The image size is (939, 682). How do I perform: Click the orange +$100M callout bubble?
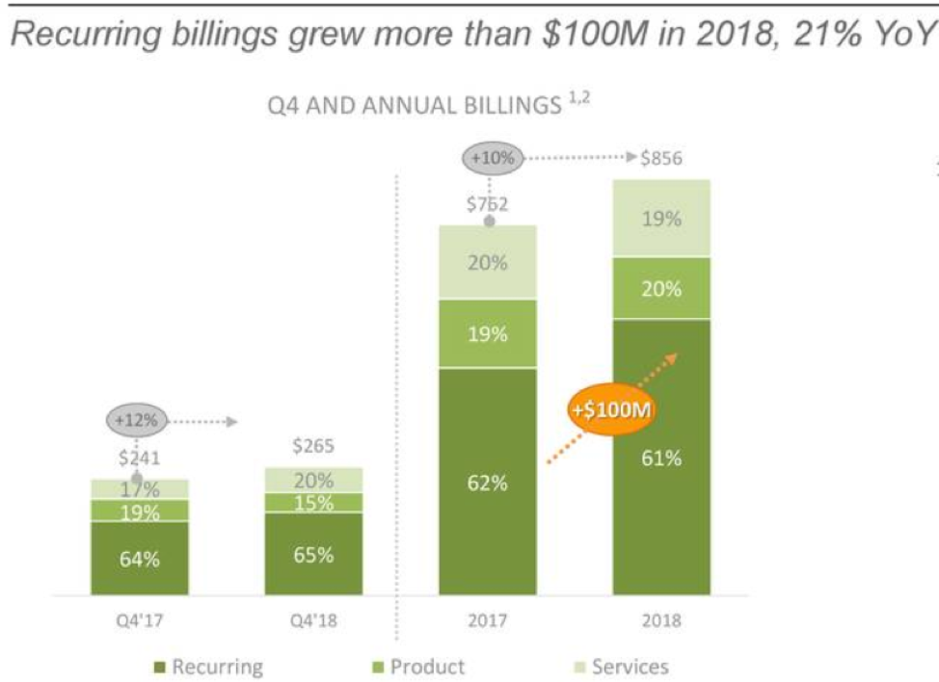[607, 409]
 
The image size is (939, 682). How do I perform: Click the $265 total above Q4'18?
[313, 447]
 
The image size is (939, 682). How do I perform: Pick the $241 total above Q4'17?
[140, 459]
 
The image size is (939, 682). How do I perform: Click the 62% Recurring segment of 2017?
[488, 482]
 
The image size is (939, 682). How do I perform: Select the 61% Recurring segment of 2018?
[661, 458]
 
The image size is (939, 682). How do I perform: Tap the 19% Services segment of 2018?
[661, 219]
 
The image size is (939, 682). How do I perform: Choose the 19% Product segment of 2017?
[488, 334]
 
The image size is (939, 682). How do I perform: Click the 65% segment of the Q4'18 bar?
[313, 555]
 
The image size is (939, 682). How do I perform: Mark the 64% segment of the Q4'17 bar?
[140, 559]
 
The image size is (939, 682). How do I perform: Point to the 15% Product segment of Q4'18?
[313, 503]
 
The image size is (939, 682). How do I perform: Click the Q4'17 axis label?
[140, 620]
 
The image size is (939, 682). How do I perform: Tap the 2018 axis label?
[661, 620]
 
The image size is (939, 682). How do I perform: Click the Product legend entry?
[418, 667]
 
